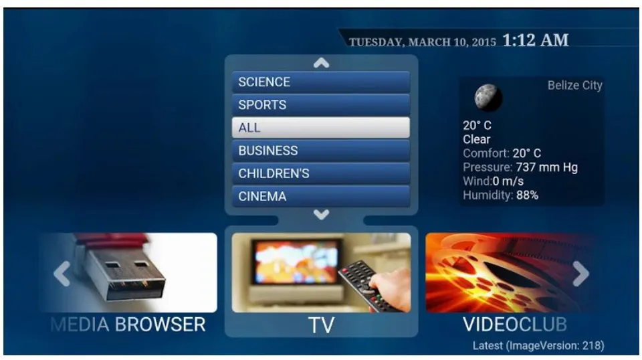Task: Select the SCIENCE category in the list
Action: pos(320,82)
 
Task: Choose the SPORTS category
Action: pos(320,105)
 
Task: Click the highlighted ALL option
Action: pos(320,128)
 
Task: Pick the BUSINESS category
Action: pos(320,151)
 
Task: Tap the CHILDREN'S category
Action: pos(320,174)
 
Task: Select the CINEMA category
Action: pos(320,197)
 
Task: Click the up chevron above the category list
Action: pos(322,63)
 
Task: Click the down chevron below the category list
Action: pos(322,215)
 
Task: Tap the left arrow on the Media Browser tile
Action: pos(62,273)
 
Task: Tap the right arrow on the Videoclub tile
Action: pos(580,273)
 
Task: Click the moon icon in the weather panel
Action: pos(488,98)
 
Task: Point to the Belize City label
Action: pos(575,85)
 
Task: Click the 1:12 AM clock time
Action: pos(536,40)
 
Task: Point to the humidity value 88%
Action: pos(528,195)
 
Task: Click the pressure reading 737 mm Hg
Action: pos(546,167)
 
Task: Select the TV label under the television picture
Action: pos(322,325)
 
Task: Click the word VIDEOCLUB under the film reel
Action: pos(515,325)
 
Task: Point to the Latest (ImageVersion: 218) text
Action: pos(538,346)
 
